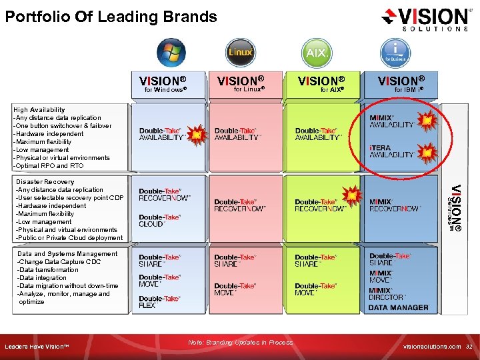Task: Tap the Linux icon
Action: (239, 53)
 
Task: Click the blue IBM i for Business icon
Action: (395, 53)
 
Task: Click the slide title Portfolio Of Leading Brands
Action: (111, 17)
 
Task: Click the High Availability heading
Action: (39, 109)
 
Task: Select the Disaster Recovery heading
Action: (45, 181)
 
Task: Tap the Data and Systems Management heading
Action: (67, 253)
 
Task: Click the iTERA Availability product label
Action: (391, 151)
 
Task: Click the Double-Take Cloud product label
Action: (160, 221)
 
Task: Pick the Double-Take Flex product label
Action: (159, 302)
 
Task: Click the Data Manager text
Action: (399, 307)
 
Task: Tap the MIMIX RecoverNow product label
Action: (395, 205)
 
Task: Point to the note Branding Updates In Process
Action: (240, 342)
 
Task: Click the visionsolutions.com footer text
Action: (433, 347)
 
